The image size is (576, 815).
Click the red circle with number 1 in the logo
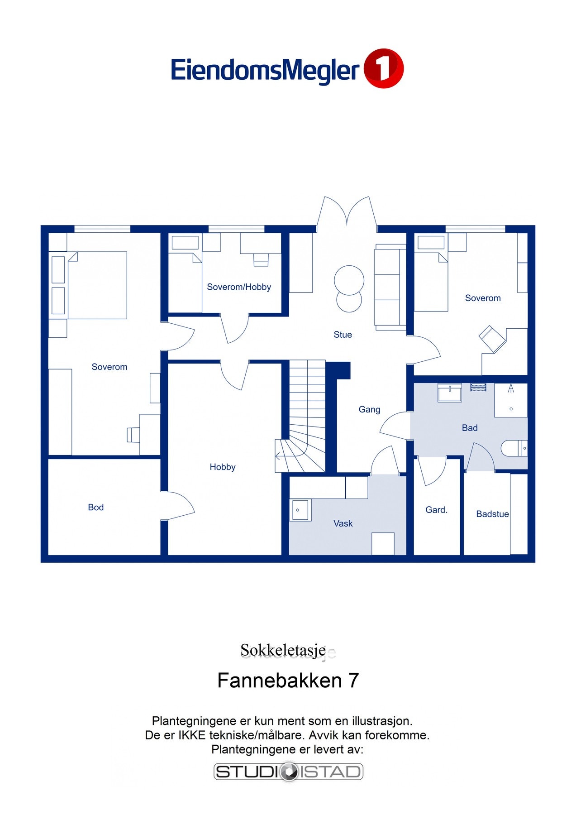383,68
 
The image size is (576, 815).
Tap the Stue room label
343,335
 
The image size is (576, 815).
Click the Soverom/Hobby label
239,287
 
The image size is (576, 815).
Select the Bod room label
95,507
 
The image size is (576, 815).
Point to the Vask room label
343,523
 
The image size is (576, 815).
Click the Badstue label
492,514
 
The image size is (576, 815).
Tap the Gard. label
436,510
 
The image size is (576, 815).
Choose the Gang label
369,409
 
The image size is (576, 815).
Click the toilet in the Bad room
514,448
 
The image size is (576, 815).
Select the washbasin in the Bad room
449,393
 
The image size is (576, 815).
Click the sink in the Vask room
300,510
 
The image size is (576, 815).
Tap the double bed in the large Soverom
96,285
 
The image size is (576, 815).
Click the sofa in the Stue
390,287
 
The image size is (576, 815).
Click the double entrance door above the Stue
347,213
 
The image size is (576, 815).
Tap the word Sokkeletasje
283,650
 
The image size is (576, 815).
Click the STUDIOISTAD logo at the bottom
288,772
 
